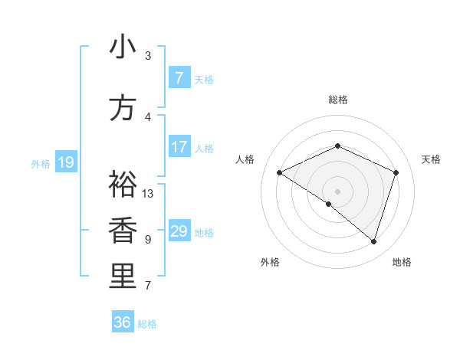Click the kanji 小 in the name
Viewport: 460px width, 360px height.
click(123, 47)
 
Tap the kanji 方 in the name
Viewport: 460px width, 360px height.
click(123, 108)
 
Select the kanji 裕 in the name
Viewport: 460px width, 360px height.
click(123, 184)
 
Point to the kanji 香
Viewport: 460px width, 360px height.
click(123, 231)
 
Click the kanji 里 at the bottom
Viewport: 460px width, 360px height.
click(123, 277)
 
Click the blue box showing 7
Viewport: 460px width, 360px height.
click(179, 78)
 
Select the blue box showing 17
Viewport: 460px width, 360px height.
click(179, 147)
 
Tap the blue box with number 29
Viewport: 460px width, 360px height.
click(179, 231)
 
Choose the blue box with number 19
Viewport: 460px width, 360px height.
click(65, 162)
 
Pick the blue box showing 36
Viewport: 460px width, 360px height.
click(123, 322)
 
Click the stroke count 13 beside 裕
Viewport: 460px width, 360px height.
click(148, 193)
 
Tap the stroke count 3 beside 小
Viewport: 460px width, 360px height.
click(148, 56)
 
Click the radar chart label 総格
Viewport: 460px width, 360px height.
click(337, 100)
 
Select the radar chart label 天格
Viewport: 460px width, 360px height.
click(432, 159)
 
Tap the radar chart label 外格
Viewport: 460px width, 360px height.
click(270, 262)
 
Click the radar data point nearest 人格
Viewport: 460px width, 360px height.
click(280, 173)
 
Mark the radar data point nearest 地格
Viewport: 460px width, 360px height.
click(373, 242)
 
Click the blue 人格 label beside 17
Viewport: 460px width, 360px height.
click(204, 148)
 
